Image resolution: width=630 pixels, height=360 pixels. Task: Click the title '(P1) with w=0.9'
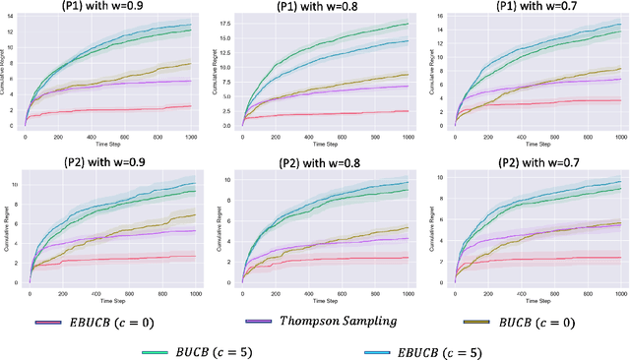coord(102,8)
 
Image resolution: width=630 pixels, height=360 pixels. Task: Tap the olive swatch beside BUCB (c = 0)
coord(471,322)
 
